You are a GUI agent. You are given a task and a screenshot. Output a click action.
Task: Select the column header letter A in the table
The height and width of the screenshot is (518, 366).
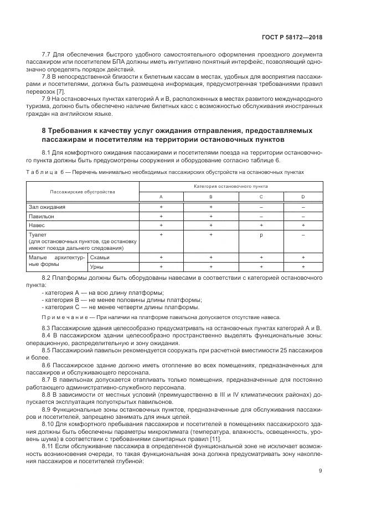pos(161,197)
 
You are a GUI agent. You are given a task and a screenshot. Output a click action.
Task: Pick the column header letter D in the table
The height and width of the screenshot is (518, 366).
pos(303,197)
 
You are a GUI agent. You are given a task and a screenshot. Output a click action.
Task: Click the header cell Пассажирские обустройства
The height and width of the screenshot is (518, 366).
pos(83,192)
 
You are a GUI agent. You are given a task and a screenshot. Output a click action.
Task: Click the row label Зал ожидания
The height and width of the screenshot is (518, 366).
pos(47,207)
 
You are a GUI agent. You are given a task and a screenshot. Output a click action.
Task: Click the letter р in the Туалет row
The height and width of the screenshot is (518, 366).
pos(261,235)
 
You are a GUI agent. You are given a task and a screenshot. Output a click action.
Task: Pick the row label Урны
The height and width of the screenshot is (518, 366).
pos(97,266)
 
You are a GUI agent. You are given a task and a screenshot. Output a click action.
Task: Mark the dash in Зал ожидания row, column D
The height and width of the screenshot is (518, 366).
pos(303,207)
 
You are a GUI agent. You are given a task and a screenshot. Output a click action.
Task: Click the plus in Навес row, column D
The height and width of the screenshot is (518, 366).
pos(303,225)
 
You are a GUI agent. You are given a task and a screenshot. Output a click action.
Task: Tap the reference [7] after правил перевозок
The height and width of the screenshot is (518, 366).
pos(61,91)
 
